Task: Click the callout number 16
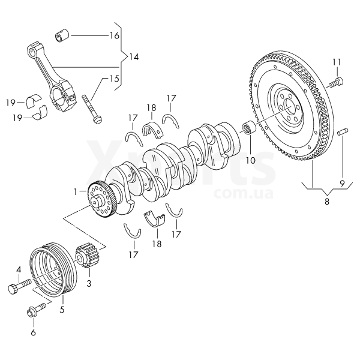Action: click(114, 35)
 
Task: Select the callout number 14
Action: click(133, 57)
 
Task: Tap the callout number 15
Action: click(114, 79)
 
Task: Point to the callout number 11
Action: click(336, 61)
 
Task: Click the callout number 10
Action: click(250, 160)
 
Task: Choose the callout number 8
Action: click(327, 202)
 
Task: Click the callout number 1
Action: click(76, 191)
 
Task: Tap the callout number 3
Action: click(89, 282)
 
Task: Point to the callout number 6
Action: click(33, 332)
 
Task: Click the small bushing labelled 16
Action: click(62, 35)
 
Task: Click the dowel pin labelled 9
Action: click(342, 132)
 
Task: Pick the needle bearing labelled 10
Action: click(248, 128)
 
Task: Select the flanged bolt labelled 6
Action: click(33, 312)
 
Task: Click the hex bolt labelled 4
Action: click(19, 287)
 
